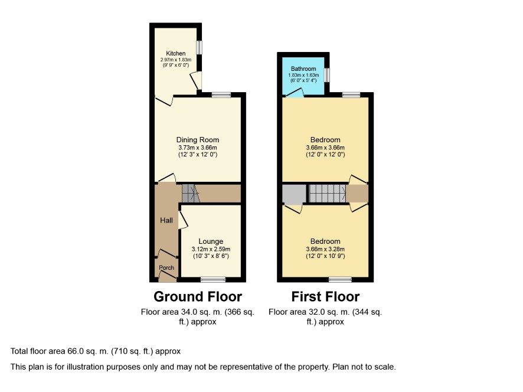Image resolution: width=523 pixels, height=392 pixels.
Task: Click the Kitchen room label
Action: (x=176, y=53)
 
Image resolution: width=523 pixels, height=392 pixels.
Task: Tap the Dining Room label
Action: (x=198, y=140)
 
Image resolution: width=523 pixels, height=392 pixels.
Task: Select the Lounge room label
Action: (x=211, y=241)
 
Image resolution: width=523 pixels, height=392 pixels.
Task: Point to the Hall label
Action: (x=166, y=220)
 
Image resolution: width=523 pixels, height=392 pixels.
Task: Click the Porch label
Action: (x=166, y=267)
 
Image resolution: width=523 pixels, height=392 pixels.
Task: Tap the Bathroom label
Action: (x=303, y=68)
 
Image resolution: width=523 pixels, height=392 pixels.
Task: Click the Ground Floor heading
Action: (x=198, y=296)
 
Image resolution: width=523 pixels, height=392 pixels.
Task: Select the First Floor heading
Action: (x=325, y=296)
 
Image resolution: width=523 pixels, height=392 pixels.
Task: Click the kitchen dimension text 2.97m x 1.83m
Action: (x=176, y=60)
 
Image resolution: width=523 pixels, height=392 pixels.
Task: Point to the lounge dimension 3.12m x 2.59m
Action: (x=211, y=249)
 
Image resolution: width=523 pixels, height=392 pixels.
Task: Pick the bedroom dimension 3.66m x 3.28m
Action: (x=325, y=249)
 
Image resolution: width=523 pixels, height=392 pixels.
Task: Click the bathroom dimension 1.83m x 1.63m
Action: (x=303, y=75)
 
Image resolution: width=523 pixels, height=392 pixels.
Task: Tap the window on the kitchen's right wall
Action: (x=199, y=47)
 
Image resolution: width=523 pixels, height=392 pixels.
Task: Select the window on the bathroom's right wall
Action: (x=327, y=75)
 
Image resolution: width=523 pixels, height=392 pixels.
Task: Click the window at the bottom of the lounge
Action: (x=213, y=280)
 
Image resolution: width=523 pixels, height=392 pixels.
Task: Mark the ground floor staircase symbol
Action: (x=191, y=194)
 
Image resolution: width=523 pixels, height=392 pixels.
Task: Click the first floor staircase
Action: (x=327, y=194)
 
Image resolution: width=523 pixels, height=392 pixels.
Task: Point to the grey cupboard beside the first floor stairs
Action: (x=294, y=194)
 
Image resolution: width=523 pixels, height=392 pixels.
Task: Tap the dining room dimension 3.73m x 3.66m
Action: (x=198, y=148)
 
